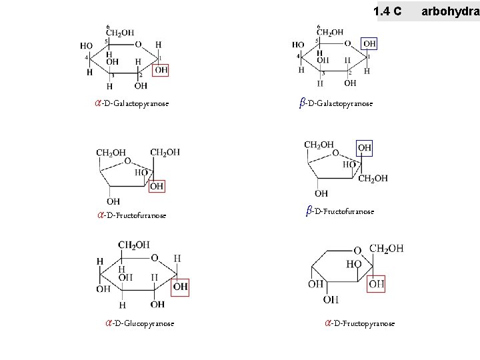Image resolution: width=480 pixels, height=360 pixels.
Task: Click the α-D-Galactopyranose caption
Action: click(x=132, y=103)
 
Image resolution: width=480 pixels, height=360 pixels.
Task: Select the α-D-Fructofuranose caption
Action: click(x=131, y=215)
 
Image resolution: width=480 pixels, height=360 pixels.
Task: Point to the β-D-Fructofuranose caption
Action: click(x=340, y=211)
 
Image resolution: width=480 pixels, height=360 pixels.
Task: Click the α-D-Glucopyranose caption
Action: click(x=139, y=323)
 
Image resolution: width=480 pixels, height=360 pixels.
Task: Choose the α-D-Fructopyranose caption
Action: click(x=359, y=323)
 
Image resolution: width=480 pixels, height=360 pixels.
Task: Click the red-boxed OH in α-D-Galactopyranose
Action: click(x=161, y=70)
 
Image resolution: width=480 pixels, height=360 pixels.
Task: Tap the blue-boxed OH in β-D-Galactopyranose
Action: click(x=369, y=44)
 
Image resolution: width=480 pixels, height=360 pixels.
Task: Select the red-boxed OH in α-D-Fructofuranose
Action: click(x=157, y=187)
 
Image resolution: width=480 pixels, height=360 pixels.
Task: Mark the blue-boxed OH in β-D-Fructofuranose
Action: click(x=365, y=147)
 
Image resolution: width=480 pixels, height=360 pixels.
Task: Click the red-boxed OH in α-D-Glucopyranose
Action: click(x=181, y=287)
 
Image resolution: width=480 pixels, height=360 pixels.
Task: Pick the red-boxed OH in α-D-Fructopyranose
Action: click(x=377, y=284)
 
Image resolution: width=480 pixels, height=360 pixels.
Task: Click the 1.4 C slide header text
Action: click(x=388, y=11)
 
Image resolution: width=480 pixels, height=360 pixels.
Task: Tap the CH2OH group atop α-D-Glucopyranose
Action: click(x=135, y=245)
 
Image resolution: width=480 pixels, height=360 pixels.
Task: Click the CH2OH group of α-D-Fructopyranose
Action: click(x=387, y=249)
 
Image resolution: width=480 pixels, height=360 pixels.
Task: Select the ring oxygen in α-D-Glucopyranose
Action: click(x=155, y=258)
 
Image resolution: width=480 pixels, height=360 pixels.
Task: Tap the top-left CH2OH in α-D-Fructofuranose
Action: click(x=111, y=153)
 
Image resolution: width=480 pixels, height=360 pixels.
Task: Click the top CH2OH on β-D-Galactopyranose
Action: click(x=330, y=32)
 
